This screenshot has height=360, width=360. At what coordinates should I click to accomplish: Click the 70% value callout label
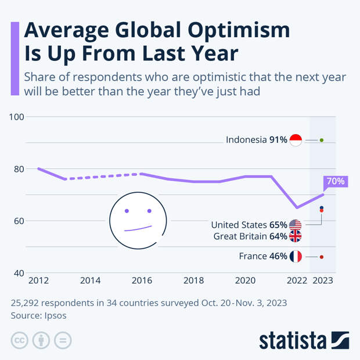click(x=336, y=181)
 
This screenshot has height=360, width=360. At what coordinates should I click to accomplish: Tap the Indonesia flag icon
click(x=296, y=140)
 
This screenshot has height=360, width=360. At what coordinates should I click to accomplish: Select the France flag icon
click(x=296, y=257)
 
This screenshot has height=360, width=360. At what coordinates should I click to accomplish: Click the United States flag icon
click(x=296, y=225)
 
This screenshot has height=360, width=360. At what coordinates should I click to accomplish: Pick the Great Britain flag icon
click(x=296, y=236)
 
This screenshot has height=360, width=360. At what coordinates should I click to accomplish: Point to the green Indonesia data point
click(x=322, y=140)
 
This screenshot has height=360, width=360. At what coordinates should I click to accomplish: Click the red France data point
click(x=322, y=257)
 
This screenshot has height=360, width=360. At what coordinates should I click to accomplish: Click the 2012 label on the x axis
click(x=39, y=280)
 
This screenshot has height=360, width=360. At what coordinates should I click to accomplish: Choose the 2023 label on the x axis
click(x=322, y=280)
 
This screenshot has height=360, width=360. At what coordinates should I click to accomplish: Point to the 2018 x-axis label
click(x=193, y=280)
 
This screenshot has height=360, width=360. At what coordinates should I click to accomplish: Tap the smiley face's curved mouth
click(x=138, y=228)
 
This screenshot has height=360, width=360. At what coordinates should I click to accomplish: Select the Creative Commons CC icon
click(x=19, y=340)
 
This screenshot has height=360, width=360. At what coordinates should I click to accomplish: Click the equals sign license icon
click(x=63, y=340)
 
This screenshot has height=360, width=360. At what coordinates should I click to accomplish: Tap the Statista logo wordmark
click(x=293, y=340)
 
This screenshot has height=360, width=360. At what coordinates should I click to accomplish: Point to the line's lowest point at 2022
click(x=297, y=207)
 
